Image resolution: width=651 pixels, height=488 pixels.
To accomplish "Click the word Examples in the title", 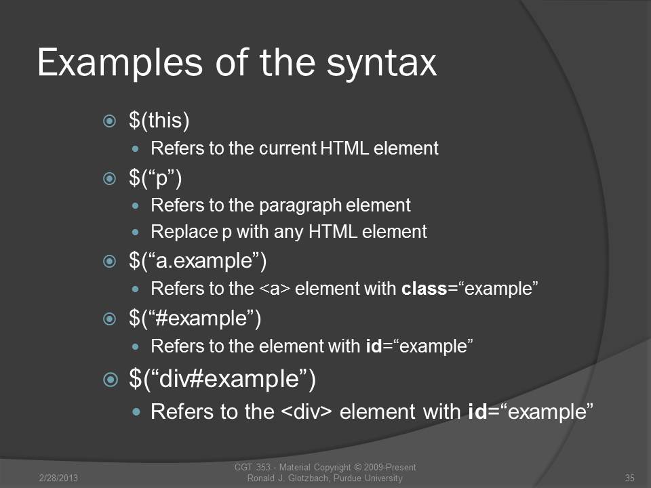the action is (119, 62).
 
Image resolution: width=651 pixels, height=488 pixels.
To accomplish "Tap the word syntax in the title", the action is (381, 64).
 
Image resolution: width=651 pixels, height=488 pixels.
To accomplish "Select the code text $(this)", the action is (159, 121).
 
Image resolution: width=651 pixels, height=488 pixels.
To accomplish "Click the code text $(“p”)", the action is (155, 178).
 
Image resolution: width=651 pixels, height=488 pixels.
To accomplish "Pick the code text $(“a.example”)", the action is (197, 261).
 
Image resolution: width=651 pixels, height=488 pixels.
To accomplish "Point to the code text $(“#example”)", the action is (195, 319).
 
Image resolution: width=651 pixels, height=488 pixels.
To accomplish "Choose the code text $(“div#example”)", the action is (222, 379).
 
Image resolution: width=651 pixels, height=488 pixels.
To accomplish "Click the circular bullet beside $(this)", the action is (109, 121).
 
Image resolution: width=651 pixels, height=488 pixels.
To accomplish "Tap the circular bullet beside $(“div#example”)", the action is (110, 380).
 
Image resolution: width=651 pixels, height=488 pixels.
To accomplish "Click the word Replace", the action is (184, 232).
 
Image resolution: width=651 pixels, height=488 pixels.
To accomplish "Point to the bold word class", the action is (424, 289).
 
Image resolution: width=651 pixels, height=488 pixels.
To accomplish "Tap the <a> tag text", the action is (275, 289).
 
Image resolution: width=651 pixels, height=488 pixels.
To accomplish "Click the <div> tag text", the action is (307, 411).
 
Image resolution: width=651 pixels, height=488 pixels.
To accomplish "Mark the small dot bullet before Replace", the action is (136, 232).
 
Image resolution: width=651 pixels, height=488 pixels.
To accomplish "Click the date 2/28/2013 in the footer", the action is (58, 478).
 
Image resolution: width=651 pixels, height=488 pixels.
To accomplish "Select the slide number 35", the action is (630, 478).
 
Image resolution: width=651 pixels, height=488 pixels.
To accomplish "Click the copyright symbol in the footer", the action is (357, 468).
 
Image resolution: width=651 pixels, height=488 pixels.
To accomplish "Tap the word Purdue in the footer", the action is (348, 478).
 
